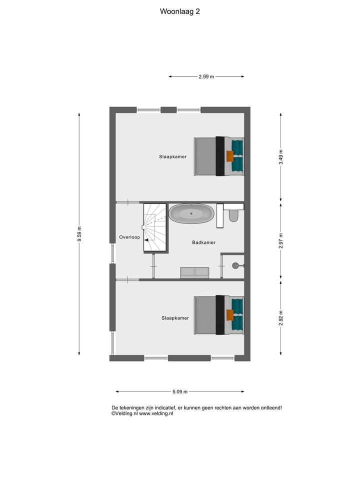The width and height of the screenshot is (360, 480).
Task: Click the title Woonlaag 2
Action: (x=180, y=11)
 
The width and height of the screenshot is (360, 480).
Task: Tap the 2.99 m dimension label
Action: (x=206, y=76)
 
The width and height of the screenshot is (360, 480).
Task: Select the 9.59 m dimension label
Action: (x=79, y=234)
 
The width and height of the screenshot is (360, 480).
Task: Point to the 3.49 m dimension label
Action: (x=281, y=157)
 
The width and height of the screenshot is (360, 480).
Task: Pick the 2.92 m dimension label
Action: (x=281, y=317)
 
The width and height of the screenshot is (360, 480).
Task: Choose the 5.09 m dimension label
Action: (x=179, y=391)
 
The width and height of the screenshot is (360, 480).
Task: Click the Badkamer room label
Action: (x=203, y=242)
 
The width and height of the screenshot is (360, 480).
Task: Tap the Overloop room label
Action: (x=129, y=237)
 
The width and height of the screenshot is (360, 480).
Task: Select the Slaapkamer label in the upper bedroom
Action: (x=173, y=156)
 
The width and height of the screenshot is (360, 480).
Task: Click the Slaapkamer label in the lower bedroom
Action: (x=175, y=317)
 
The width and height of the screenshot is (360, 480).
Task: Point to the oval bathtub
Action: (x=191, y=214)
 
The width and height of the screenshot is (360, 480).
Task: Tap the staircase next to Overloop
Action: (x=154, y=227)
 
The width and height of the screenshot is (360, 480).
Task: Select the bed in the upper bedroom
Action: (x=219, y=156)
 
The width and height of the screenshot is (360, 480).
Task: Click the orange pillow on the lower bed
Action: (x=230, y=315)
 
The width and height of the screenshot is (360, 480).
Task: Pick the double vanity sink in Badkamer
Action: (x=194, y=272)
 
